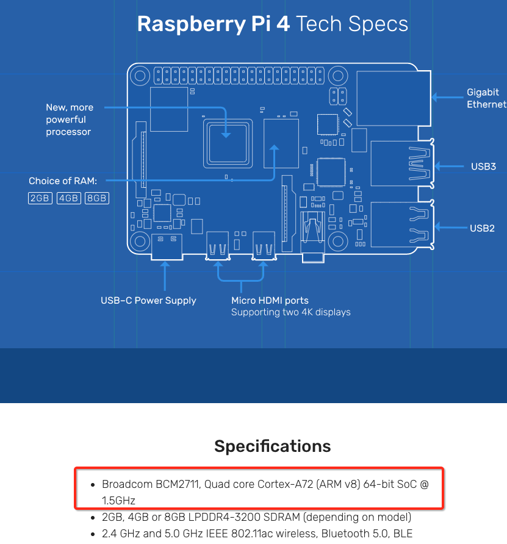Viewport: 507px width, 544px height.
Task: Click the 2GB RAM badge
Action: coord(40,198)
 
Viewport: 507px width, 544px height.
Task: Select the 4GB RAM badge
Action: coord(68,198)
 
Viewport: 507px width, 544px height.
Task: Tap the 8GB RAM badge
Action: coord(96,198)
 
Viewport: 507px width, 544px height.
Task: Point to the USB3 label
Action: coord(483,166)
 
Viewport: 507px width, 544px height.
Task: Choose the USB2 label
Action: coord(482,229)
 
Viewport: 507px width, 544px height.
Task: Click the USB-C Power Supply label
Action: coord(148,300)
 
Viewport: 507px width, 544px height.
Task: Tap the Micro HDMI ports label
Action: coord(270,300)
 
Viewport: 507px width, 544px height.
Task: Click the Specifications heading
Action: coord(272,446)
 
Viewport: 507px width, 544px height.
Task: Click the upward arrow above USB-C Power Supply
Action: coord(164,274)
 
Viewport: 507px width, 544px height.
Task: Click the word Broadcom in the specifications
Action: coord(124,485)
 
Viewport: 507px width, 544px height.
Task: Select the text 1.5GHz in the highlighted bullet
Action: coord(118,500)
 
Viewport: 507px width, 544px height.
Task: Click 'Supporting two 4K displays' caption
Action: coord(290,312)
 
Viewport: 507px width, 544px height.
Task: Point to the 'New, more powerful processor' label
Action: coord(69,120)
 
